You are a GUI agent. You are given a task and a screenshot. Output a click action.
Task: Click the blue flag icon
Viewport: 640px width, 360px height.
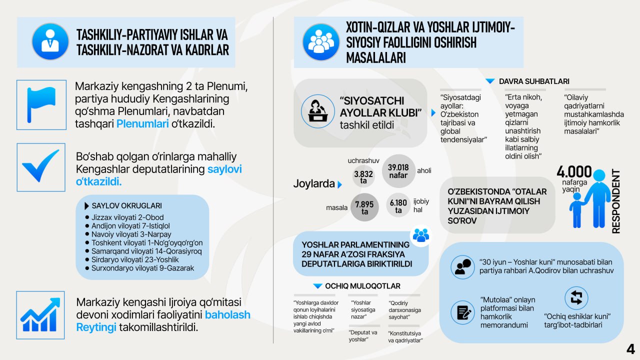(41, 105)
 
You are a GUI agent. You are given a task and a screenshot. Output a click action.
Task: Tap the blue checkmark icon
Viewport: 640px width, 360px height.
(41, 167)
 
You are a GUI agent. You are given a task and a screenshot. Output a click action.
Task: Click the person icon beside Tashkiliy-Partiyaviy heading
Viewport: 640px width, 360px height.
(50, 41)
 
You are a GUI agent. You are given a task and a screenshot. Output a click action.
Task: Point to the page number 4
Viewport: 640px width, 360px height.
(630, 348)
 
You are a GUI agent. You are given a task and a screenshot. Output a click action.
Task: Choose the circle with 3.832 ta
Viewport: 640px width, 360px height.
(363, 177)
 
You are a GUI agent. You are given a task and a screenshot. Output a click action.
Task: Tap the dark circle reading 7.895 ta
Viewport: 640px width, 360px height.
(364, 207)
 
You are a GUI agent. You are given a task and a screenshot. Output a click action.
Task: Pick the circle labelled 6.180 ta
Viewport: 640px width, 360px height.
(398, 206)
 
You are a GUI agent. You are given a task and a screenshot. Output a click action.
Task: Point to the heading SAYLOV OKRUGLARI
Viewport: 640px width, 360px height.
(126, 205)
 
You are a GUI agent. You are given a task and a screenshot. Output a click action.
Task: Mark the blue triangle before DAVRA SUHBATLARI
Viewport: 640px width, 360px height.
(490, 81)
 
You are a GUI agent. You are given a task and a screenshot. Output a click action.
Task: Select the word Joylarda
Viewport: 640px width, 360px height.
(313, 184)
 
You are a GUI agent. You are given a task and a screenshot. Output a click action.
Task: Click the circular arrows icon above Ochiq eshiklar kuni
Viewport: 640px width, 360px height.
(576, 297)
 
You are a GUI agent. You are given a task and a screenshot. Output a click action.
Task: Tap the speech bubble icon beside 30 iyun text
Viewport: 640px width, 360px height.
(462, 266)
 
